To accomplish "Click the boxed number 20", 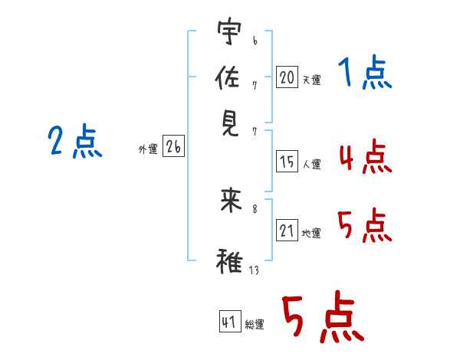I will pos(287,77).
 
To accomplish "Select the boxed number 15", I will pos(287,162).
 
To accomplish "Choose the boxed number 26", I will pos(173,148).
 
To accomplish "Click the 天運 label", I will pos(311,80).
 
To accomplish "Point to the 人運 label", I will pos(311,164).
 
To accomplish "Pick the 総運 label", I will pos(255,325).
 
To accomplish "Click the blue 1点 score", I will pos(364,74).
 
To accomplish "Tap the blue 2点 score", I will pos(74,142).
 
